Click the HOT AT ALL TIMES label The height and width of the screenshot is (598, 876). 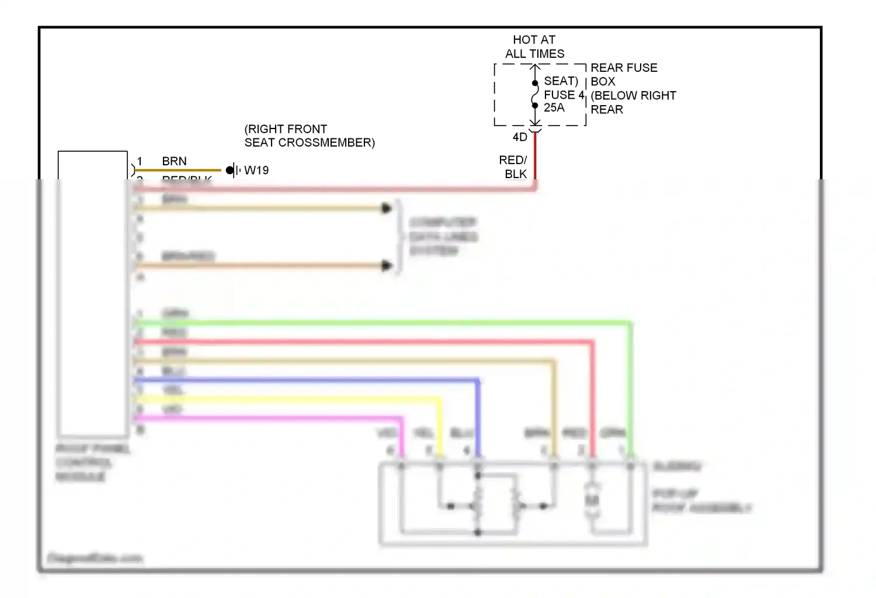point(534,47)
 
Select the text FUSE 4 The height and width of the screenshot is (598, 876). point(564,95)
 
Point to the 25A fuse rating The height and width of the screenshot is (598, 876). point(554,108)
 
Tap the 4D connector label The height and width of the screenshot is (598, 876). point(520,137)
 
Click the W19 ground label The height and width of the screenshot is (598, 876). point(256,171)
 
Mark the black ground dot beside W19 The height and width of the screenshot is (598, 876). point(230,171)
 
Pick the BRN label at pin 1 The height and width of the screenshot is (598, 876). point(174,161)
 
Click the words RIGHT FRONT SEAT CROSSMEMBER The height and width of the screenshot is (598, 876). point(310,136)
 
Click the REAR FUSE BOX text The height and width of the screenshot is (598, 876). point(624,74)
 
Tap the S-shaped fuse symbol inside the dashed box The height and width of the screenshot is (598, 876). point(535,95)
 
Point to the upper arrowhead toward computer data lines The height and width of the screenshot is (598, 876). point(386,208)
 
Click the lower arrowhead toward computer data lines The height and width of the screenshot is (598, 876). point(386,266)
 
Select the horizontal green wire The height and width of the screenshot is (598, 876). point(380,322)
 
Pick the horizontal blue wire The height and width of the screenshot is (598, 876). point(304,381)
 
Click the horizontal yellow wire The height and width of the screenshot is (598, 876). point(286,399)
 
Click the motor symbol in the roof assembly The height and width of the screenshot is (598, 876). point(592,500)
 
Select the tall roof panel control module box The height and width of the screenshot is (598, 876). point(92,292)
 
